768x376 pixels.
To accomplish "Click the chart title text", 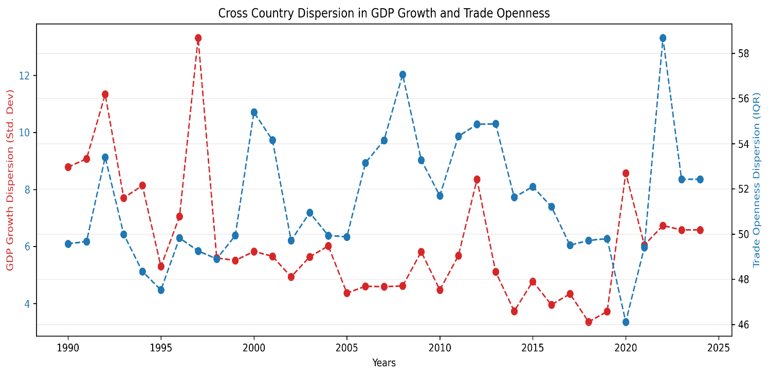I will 383,13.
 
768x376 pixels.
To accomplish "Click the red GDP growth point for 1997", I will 198,38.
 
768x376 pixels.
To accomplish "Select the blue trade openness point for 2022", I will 663,38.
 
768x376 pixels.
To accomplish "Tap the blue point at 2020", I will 626,322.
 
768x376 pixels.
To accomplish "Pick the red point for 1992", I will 105,95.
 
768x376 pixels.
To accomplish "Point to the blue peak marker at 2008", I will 403,74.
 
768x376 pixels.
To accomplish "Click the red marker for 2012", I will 477,179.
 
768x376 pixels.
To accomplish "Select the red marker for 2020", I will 626,173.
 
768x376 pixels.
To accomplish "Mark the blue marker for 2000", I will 254,112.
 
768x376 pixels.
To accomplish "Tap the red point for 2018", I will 589,322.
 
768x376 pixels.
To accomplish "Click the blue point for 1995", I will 161,290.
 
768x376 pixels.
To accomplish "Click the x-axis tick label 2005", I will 346,348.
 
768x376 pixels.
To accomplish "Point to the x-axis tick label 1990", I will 68,348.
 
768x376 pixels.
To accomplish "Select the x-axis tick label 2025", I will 719,348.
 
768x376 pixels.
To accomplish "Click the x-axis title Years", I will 383,363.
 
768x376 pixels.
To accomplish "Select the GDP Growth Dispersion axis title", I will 9,180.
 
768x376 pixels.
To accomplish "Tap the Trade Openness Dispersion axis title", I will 756,180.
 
